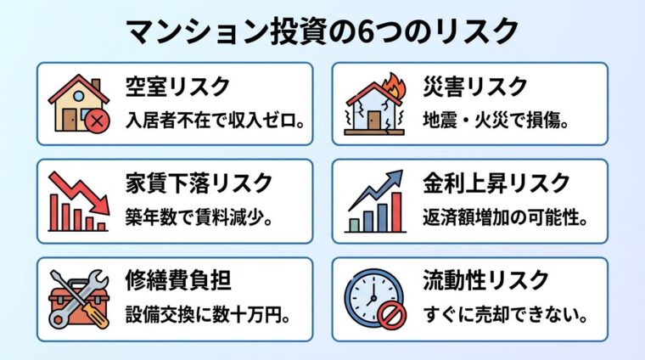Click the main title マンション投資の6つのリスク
pyautogui.click(x=322, y=31)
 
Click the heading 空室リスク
pyautogui.click(x=177, y=86)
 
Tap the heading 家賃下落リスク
pyautogui.click(x=199, y=183)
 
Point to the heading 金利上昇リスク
pyautogui.click(x=496, y=183)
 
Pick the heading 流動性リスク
pyautogui.click(x=485, y=279)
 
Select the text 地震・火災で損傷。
pyautogui.click(x=494, y=120)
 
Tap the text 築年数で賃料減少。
pyautogui.click(x=199, y=217)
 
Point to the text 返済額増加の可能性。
pyautogui.click(x=506, y=217)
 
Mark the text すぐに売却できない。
pyautogui.click(x=506, y=313)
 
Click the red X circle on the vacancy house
pyautogui.click(x=96, y=121)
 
